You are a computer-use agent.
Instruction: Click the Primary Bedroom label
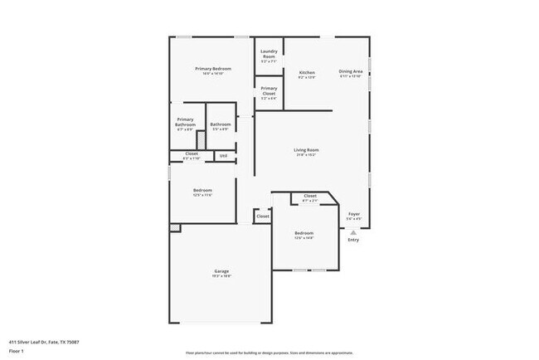click(211, 68)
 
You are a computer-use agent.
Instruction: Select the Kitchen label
click(306, 72)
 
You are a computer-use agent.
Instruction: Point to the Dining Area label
click(351, 71)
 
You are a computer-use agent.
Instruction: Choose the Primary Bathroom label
click(185, 122)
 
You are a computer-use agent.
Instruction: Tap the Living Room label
click(306, 150)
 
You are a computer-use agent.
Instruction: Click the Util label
click(223, 155)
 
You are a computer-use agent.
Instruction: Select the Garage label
click(221, 271)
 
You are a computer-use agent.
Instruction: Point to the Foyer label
click(354, 214)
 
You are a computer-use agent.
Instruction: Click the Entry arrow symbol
click(353, 233)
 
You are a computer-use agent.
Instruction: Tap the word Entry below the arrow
click(353, 241)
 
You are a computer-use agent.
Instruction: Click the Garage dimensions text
click(221, 276)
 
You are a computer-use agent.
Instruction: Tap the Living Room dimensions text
click(306, 155)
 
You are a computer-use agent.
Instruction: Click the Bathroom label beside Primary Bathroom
click(220, 124)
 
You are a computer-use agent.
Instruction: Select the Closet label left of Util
click(192, 153)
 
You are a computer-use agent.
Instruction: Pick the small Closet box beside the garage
click(262, 216)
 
